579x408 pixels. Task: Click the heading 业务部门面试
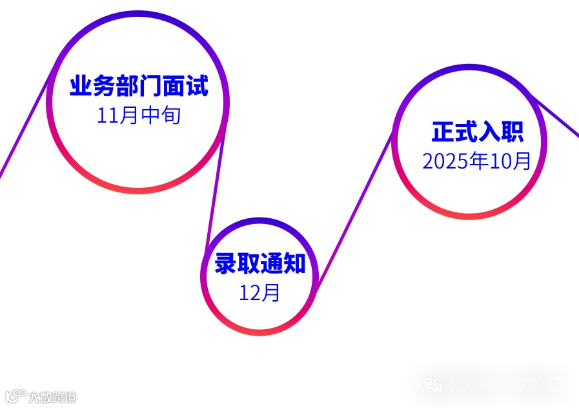point(139,86)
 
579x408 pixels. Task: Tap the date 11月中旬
point(139,116)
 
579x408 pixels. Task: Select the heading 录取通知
point(259,263)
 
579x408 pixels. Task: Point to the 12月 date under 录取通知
point(259,293)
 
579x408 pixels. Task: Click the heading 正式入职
point(477,132)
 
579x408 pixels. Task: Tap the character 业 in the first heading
point(81,86)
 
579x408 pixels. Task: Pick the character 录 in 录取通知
point(226,263)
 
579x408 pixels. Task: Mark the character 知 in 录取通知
point(294,263)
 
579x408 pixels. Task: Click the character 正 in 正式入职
point(443,132)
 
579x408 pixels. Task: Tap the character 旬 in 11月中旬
point(170,116)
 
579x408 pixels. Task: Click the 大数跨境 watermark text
point(52,397)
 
